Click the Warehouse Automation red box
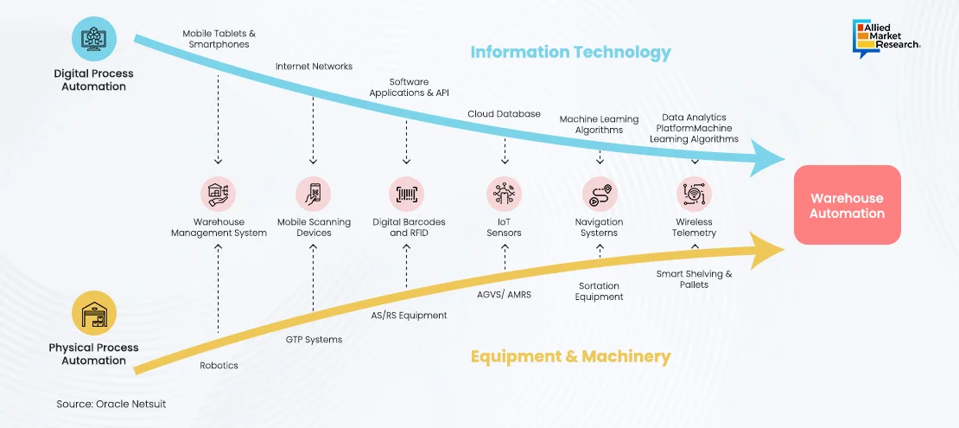(847, 205)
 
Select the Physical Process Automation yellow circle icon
(93, 313)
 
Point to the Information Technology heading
(570, 52)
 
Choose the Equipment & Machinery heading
(570, 356)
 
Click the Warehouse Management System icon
(219, 194)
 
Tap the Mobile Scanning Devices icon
(314, 194)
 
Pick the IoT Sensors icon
(504, 194)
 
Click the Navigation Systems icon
(600, 194)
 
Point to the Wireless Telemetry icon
(694, 194)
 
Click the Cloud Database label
(504, 113)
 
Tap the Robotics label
(219, 365)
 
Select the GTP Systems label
(314, 340)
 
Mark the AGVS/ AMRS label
(504, 294)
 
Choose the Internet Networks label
(314, 66)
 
